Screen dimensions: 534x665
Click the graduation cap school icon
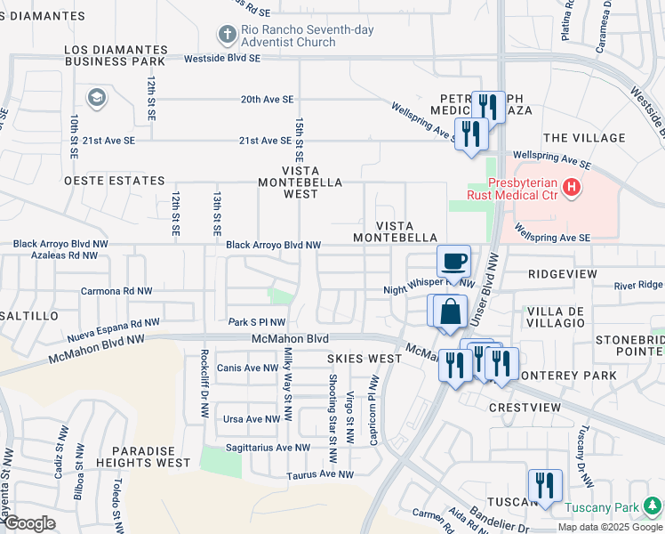point(96,98)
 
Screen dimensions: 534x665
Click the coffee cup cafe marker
point(453,261)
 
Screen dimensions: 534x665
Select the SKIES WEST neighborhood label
point(365,359)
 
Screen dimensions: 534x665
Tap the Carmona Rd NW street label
point(116,291)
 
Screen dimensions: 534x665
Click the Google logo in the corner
point(29,523)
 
